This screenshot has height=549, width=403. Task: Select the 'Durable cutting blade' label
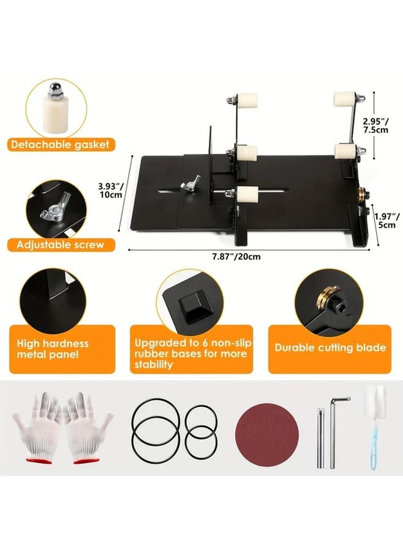click(x=330, y=348)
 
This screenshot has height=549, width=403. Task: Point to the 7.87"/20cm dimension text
click(x=236, y=256)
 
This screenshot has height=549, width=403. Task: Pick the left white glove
click(x=37, y=427)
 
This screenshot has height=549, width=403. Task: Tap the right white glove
click(x=87, y=427)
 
